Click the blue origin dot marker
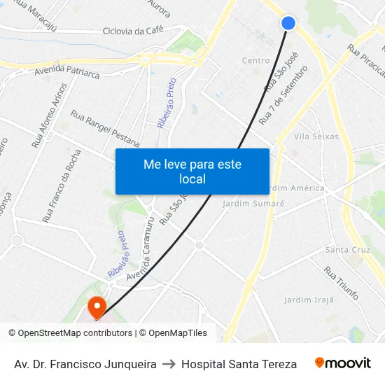[x=288, y=23]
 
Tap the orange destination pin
[x=96, y=307]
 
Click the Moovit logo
[x=342, y=363]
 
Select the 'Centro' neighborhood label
[x=255, y=61]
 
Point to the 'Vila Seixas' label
[x=316, y=136]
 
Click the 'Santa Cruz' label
[x=348, y=250]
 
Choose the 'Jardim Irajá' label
[x=309, y=300]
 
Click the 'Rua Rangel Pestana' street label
[x=105, y=128]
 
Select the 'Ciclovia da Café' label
[x=132, y=31]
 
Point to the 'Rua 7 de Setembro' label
[x=283, y=95]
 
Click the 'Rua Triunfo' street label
[x=341, y=281]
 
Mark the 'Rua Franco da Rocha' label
[x=62, y=185]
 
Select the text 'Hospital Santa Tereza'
[x=239, y=364]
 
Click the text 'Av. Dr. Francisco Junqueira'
[x=85, y=364]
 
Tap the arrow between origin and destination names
[x=169, y=364]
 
